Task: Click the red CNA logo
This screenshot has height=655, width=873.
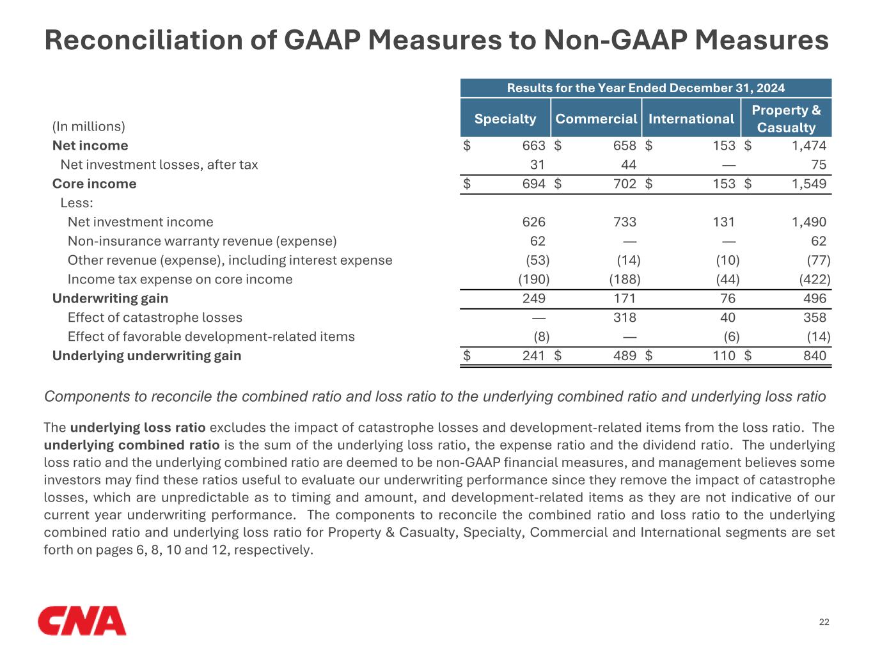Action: tap(82, 620)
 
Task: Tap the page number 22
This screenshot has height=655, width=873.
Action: tap(824, 622)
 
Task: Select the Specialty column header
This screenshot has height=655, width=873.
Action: tap(505, 119)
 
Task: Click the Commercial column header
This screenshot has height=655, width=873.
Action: tap(596, 119)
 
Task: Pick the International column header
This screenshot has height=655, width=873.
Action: tap(691, 119)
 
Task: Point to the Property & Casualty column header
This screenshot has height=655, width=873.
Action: tap(786, 118)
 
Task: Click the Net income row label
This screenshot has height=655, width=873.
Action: tap(90, 146)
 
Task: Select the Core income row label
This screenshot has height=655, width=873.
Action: tap(94, 184)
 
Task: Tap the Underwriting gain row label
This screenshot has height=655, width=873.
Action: tap(110, 299)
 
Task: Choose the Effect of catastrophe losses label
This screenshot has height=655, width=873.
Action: tap(155, 318)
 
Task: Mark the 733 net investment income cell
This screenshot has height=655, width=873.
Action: tap(624, 222)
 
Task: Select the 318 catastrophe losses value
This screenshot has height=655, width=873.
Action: tap(624, 318)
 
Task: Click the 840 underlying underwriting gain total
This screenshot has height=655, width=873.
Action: tap(814, 356)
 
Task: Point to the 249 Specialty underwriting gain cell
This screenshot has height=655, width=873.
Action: tap(533, 299)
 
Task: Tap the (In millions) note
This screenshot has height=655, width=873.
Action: tap(89, 127)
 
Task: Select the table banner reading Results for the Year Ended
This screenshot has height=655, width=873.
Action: tap(645, 88)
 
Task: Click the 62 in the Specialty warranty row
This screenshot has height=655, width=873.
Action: tap(537, 241)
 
